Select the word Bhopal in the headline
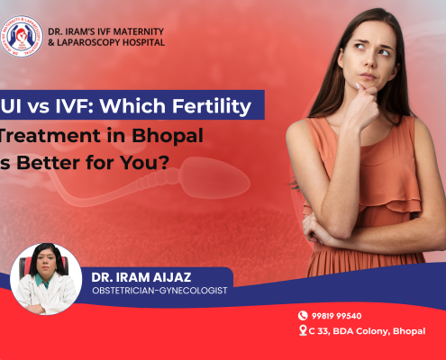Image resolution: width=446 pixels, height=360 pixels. [179, 137]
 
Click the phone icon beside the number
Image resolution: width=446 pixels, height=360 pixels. [304, 316]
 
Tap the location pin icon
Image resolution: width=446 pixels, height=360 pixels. [304, 330]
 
